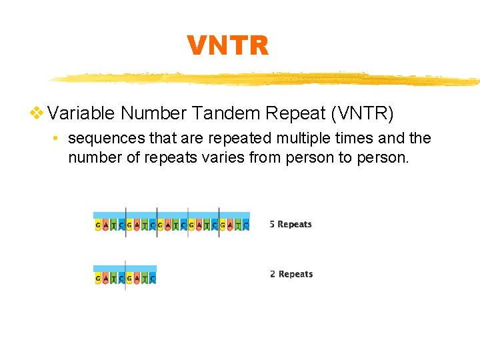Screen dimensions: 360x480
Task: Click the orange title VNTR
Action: pos(227,46)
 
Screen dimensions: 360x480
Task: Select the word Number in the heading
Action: pos(153,113)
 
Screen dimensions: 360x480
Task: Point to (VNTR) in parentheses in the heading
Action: pos(361,113)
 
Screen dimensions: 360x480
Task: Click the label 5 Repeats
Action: pos(291,224)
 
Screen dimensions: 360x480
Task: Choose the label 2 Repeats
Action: pos(291,274)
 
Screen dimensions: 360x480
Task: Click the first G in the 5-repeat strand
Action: pos(98,225)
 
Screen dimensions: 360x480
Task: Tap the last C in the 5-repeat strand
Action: pos(247,225)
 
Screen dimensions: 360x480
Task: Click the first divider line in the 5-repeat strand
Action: pos(125,222)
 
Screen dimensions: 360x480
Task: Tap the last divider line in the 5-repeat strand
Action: pos(219,222)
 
